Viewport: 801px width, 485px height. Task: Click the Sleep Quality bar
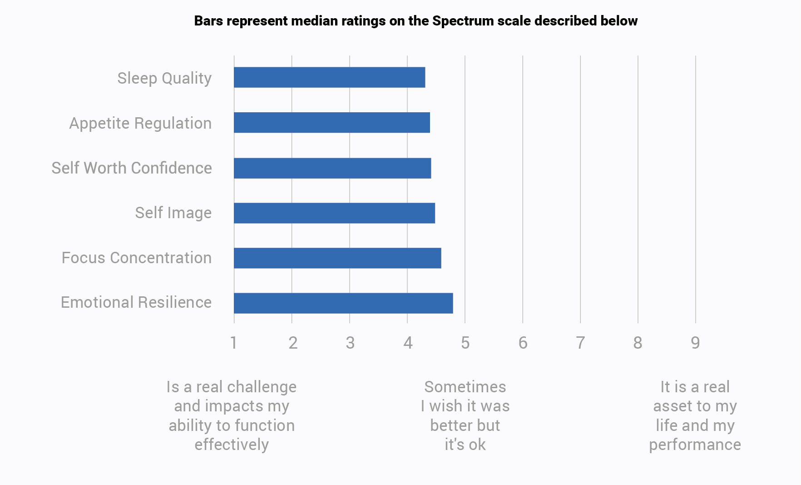pos(329,77)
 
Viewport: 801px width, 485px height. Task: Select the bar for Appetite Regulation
pos(331,123)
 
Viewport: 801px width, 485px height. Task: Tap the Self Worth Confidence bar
pos(332,168)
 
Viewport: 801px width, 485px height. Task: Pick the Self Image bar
pos(334,213)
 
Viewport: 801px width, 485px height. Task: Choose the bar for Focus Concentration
pos(337,258)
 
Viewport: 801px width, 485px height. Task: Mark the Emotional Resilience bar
pos(343,303)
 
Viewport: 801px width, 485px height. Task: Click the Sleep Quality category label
pos(164,78)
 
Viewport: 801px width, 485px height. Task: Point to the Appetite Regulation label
pos(140,123)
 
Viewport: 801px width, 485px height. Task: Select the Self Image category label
pos(173,213)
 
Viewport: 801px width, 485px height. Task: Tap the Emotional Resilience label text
pos(136,302)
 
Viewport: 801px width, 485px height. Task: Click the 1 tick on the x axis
pos(233,343)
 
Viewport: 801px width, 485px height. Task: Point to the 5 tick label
pos(465,343)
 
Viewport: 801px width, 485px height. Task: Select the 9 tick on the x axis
pos(695,343)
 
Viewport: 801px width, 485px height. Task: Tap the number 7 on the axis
pos(580,343)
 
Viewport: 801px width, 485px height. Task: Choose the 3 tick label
pos(350,343)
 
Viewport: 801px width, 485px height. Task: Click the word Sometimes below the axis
pos(465,387)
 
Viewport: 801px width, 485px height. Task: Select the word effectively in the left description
pos(232,445)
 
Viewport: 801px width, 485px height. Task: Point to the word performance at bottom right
pos(695,445)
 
